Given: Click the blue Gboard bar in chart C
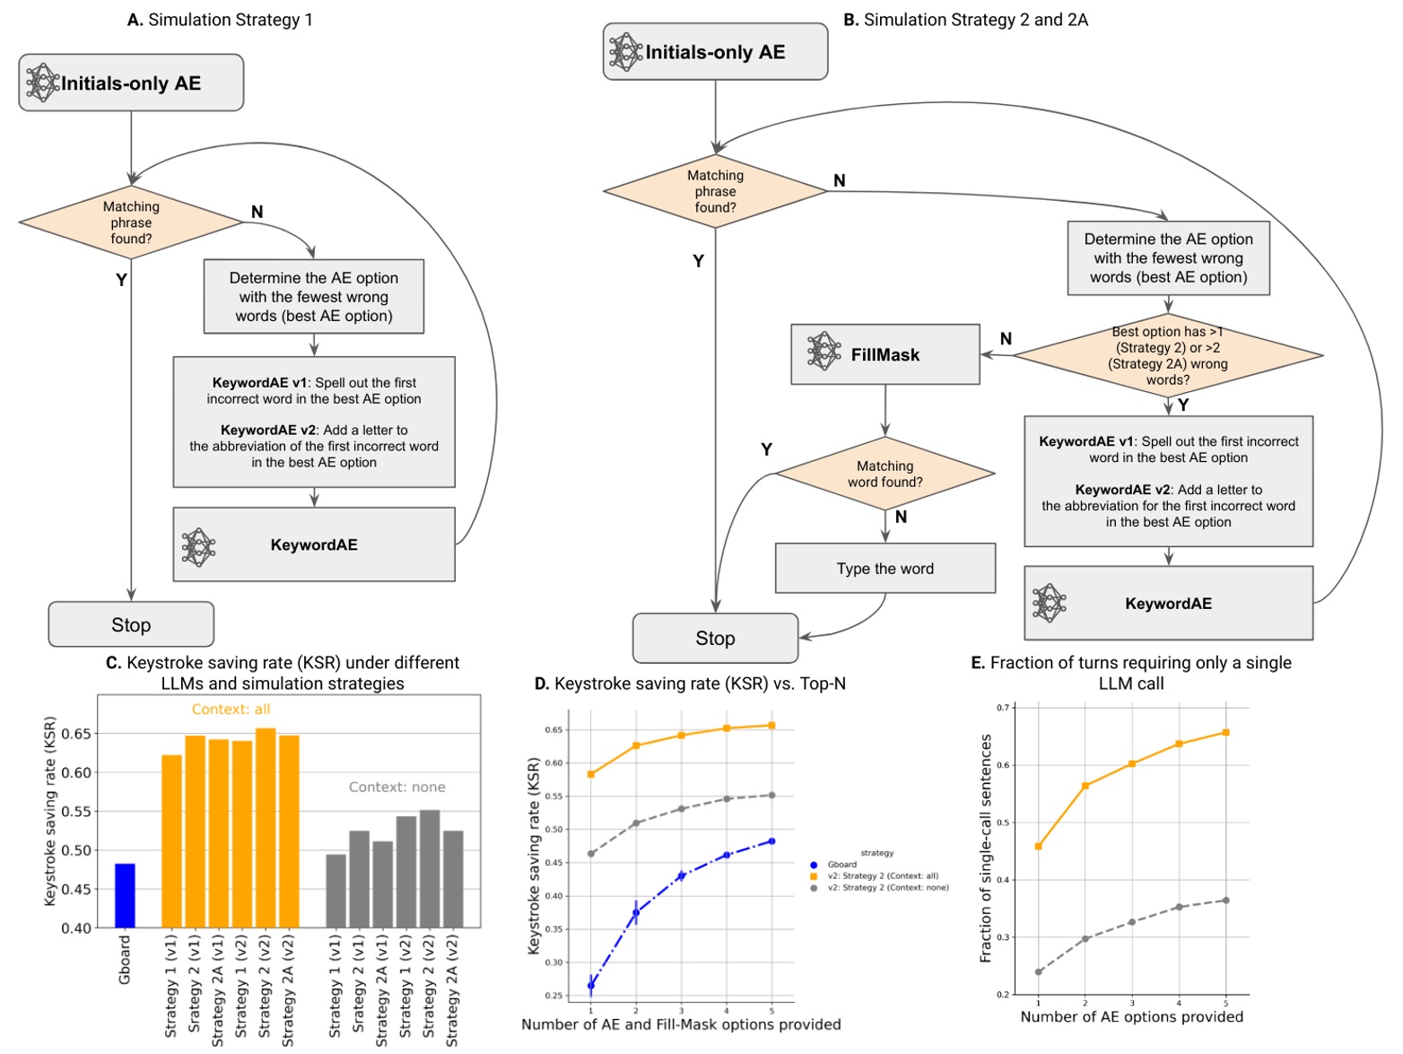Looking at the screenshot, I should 125,895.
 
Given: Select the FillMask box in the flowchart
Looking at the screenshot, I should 884,354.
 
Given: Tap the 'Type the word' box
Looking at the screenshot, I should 884,569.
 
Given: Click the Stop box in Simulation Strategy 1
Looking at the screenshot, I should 131,624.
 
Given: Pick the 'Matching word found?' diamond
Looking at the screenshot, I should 884,474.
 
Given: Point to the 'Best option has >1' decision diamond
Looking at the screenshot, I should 1167,356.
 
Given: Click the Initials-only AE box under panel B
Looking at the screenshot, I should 715,52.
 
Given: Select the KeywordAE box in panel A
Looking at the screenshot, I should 314,544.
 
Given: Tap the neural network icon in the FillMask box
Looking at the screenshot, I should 823,352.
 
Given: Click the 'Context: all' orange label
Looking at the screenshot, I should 231,710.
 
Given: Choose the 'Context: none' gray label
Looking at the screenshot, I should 396,788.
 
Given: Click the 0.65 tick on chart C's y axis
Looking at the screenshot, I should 77,734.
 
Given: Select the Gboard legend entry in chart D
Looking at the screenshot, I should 841,865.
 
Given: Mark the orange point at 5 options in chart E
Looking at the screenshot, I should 1225,733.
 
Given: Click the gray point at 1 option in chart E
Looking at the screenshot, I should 1039,971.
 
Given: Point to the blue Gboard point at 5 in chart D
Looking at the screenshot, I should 771,841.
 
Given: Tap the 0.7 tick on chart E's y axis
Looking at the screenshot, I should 1003,708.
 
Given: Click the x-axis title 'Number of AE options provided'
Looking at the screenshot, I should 1131,1017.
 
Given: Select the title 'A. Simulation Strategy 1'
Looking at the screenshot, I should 220,20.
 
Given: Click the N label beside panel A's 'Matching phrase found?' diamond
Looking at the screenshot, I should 257,212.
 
